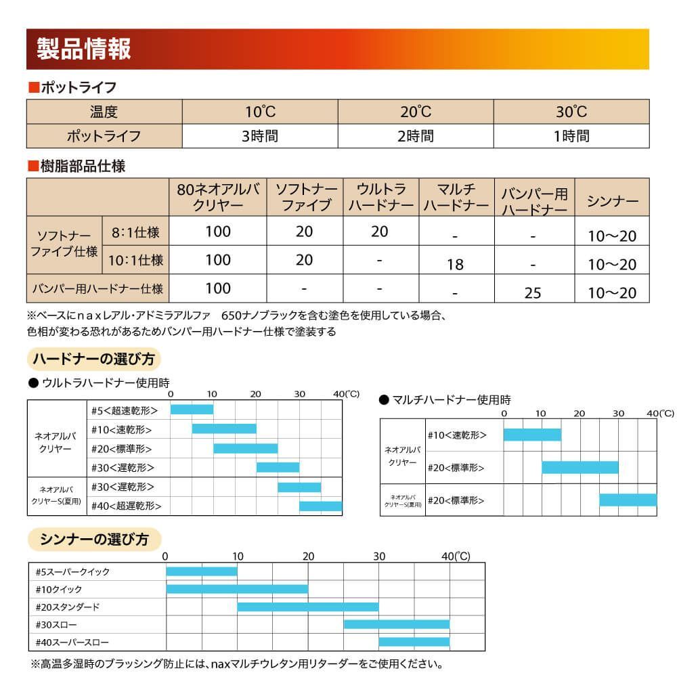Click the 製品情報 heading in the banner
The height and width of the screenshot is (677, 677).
coord(85,50)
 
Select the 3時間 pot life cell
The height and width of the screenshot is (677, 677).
coord(260,135)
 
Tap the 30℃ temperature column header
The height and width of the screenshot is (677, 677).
coord(571,112)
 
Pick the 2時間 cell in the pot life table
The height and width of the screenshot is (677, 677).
coord(416,135)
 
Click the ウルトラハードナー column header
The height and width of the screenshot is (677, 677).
coord(380,197)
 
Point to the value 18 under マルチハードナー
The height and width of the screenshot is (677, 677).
coord(456,265)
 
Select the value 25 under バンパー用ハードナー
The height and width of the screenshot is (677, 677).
coord(533,292)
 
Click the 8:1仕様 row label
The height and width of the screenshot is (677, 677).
coord(135,232)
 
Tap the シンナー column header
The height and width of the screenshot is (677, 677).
coord(612,201)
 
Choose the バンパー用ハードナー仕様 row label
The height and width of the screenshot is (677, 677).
coord(98,288)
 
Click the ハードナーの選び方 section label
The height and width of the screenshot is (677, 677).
coord(94,358)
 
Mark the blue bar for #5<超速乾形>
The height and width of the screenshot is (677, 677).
coord(192,410)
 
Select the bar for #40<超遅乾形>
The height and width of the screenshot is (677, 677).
coord(320,506)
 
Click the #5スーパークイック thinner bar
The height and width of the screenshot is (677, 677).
coord(202,571)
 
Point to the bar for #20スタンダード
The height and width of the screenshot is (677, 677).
coord(307,607)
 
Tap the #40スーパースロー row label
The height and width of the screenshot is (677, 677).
coord(72,642)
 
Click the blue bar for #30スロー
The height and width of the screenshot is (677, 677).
coord(396,624)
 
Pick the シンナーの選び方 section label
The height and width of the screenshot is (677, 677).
coord(94,540)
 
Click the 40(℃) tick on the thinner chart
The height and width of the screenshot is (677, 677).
coord(456,556)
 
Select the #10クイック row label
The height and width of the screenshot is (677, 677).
coord(59,589)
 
